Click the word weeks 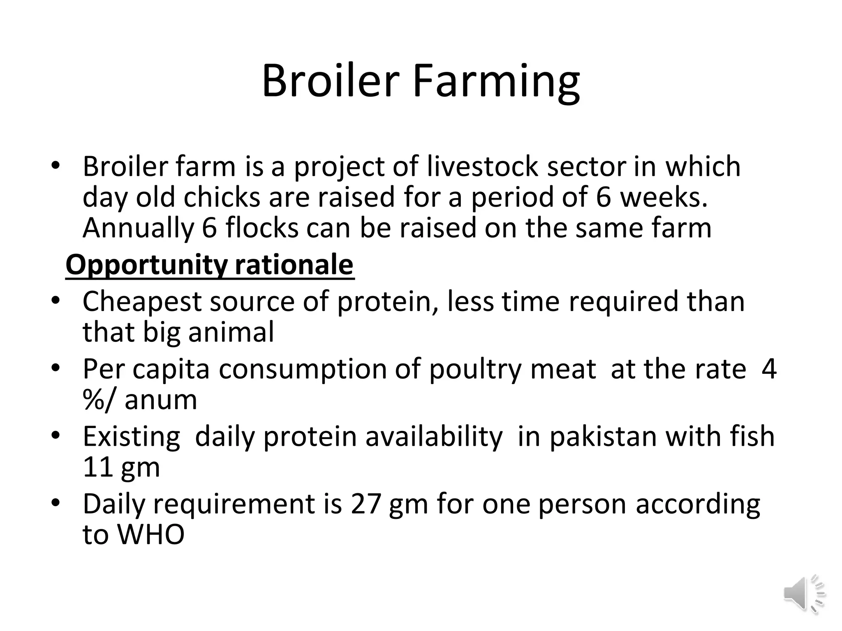point(664,197)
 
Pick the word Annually point(138,228)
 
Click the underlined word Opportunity point(146,265)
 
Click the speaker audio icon point(804,594)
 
